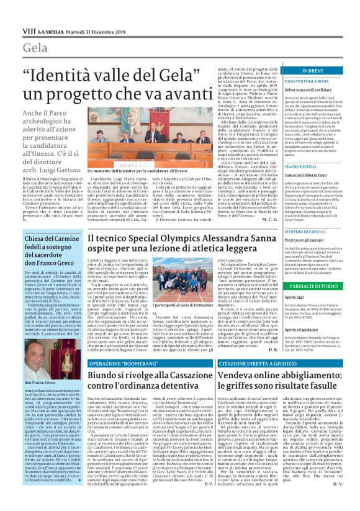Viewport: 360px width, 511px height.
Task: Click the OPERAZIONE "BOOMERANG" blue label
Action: tap(115, 363)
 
